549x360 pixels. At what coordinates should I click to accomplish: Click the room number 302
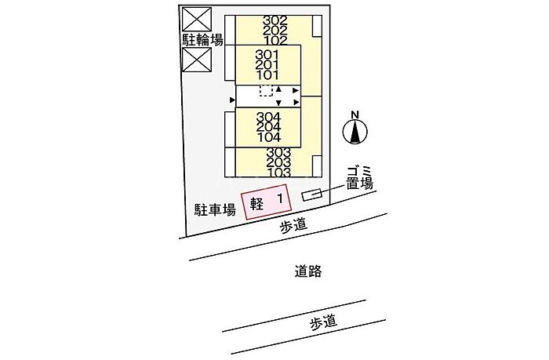(274, 20)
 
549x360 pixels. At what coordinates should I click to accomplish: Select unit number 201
(267, 65)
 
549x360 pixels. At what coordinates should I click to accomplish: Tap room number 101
(267, 75)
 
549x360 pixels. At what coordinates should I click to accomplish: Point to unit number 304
(268, 117)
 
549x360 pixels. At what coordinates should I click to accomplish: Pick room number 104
(268, 137)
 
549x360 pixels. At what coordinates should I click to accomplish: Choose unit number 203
(278, 162)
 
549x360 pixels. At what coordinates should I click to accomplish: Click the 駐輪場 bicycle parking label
(202, 40)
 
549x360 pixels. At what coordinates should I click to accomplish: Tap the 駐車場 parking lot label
(215, 209)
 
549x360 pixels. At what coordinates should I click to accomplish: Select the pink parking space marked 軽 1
(267, 202)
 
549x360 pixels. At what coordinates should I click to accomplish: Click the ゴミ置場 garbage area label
(359, 178)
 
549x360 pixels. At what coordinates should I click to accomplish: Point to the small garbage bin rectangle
(312, 195)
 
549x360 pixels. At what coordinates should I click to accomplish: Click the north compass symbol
(355, 132)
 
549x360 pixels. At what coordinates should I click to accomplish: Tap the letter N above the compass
(355, 115)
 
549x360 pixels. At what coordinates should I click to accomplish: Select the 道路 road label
(308, 271)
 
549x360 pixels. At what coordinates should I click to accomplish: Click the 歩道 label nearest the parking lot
(294, 224)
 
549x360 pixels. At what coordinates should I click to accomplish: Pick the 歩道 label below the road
(323, 322)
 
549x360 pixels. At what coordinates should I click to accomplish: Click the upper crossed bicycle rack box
(197, 19)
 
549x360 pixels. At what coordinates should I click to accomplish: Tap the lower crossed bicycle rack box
(197, 60)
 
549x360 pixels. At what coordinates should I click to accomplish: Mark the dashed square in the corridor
(266, 91)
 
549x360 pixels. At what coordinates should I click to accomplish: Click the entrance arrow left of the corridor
(232, 100)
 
